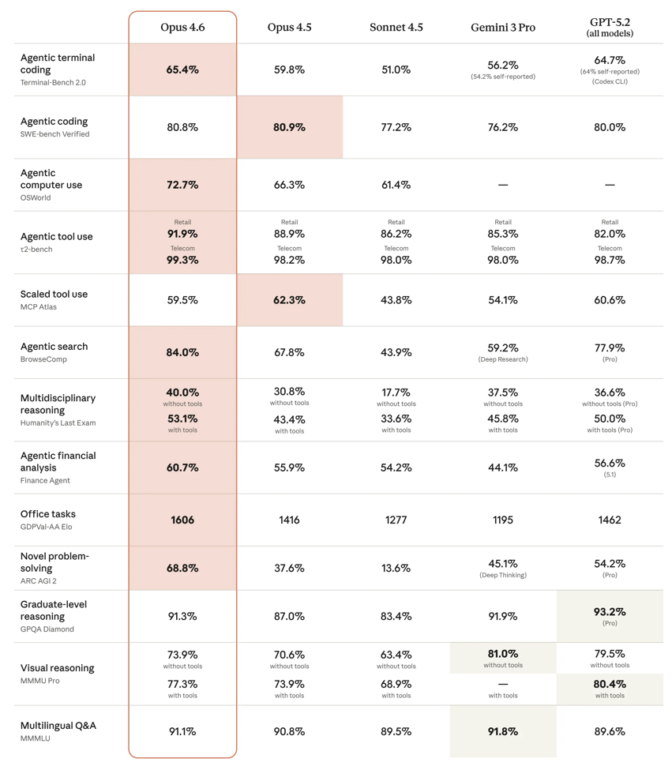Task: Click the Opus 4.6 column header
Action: point(182,28)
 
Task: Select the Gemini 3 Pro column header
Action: point(503,28)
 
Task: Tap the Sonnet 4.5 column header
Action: point(396,28)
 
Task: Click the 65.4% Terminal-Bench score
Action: point(182,69)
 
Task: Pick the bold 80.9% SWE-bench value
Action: point(290,127)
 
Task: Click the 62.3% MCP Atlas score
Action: point(290,300)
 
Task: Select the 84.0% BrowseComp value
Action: point(182,352)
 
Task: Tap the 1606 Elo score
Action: point(182,520)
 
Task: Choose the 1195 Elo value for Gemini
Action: point(503,520)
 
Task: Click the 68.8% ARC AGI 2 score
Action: point(182,568)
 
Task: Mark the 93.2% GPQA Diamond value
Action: point(610,611)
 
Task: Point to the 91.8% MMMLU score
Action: point(503,731)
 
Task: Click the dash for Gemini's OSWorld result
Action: point(503,185)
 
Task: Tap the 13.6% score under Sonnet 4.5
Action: point(396,568)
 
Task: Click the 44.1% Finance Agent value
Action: point(503,467)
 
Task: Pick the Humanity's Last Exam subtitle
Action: point(58,422)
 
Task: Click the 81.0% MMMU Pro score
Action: point(503,654)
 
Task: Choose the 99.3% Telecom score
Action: point(182,260)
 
